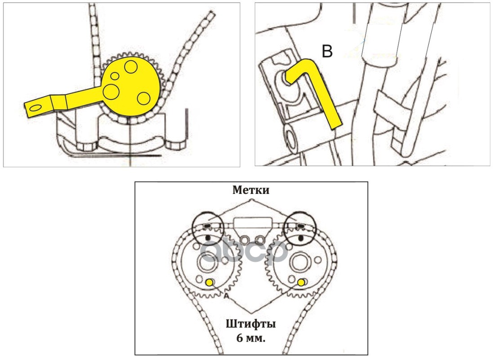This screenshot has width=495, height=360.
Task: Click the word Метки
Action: click(x=251, y=190)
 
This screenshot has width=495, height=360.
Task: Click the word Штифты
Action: click(x=251, y=324)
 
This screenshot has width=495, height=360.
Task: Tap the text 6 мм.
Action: click(x=251, y=337)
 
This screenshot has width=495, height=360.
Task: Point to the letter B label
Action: click(x=327, y=52)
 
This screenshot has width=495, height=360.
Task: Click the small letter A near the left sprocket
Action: click(x=226, y=297)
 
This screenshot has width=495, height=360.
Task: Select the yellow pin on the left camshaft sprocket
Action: click(x=209, y=282)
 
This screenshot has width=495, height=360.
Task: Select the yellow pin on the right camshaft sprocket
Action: click(x=300, y=282)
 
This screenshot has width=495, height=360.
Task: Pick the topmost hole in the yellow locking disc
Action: click(x=131, y=67)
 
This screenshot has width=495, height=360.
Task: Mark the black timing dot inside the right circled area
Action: click(x=300, y=237)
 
